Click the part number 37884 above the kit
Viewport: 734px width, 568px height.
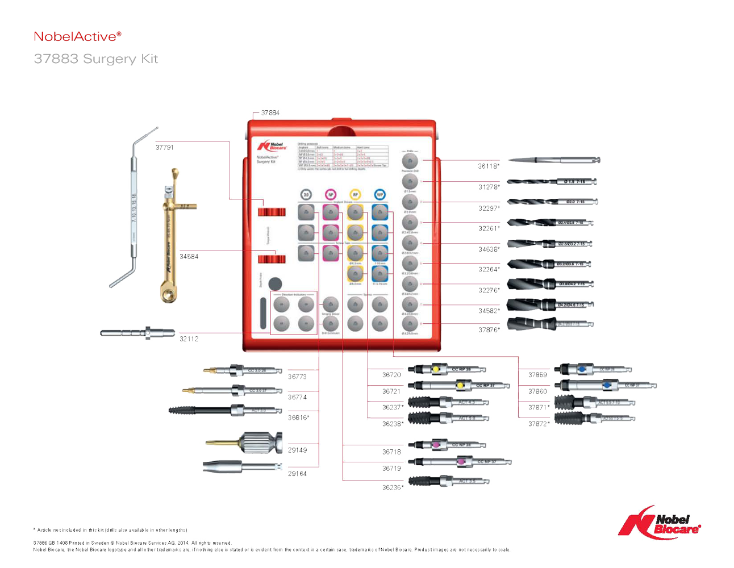(270, 112)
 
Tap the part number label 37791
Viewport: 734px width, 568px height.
(164, 147)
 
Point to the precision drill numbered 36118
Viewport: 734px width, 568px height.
(554, 161)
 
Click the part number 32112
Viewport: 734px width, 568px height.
(189, 339)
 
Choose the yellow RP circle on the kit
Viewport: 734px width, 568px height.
(355, 194)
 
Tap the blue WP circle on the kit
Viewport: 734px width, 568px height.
(379, 194)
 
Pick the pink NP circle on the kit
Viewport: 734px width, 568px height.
(330, 194)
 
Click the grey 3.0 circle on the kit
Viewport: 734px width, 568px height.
(306, 194)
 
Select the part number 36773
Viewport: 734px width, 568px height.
(297, 377)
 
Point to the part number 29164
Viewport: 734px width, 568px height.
(297, 473)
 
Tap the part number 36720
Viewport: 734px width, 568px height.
(391, 375)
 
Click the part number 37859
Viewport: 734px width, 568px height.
(537, 375)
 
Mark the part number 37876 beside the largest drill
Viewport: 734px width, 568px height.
(488, 330)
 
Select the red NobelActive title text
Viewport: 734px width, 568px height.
(77, 36)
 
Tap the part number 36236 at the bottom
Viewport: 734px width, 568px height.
(391, 487)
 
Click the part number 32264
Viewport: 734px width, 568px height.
(488, 269)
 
